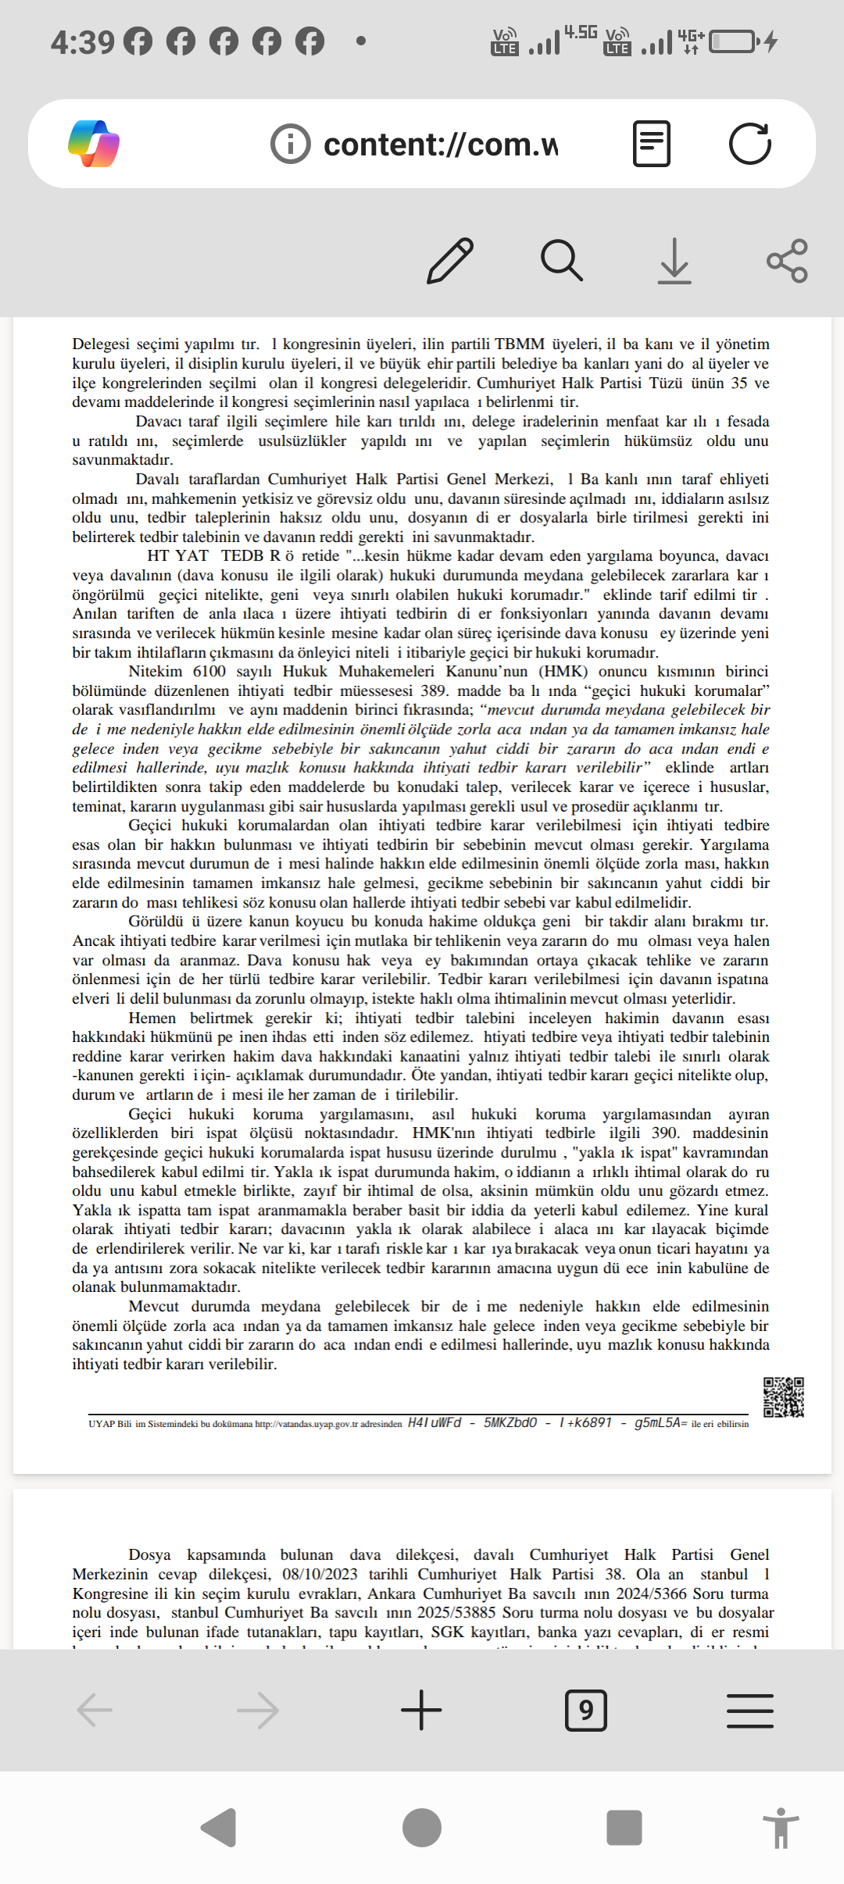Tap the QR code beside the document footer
(x=783, y=1397)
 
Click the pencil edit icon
(x=450, y=260)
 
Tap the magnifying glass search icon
(x=562, y=260)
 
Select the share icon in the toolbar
(x=787, y=260)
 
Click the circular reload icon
(x=749, y=144)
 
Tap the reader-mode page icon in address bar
(x=651, y=144)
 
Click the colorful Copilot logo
(x=94, y=144)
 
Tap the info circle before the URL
(x=290, y=145)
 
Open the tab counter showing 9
(x=585, y=1710)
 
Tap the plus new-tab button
(x=421, y=1710)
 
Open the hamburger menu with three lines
(x=749, y=1710)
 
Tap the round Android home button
(x=422, y=1828)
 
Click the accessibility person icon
(x=781, y=1828)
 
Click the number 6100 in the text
(x=209, y=671)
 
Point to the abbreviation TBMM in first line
(x=520, y=344)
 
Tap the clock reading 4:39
(x=82, y=41)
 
